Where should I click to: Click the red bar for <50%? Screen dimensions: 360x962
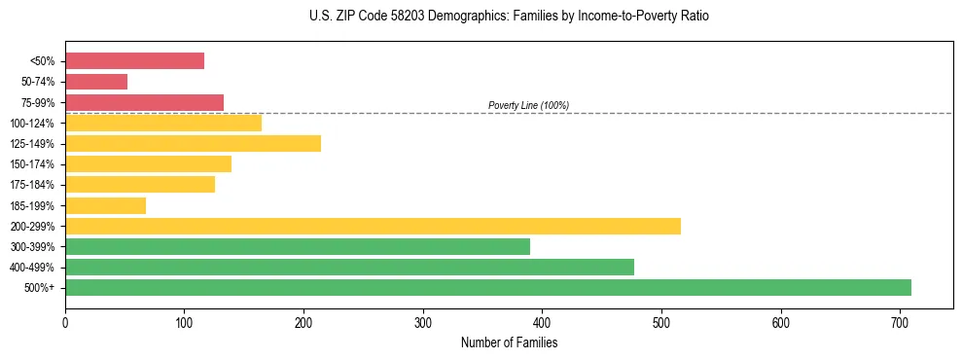(x=134, y=61)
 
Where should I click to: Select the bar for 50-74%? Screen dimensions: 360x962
(x=96, y=82)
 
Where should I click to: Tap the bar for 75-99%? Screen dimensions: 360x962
(x=144, y=102)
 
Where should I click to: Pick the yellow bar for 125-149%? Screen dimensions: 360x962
(x=193, y=144)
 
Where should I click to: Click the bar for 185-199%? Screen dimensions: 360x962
(x=105, y=205)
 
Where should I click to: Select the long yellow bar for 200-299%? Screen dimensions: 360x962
(x=373, y=226)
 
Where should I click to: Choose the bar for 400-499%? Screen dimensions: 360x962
(x=349, y=267)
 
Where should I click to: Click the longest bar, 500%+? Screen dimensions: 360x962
(x=488, y=287)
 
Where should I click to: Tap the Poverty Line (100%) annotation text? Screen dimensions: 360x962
(x=528, y=105)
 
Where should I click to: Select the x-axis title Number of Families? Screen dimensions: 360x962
(x=509, y=342)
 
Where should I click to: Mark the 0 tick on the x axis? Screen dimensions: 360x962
(x=65, y=320)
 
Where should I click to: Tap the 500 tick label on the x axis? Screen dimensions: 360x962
(x=661, y=320)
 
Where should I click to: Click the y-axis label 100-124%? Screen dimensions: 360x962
(x=32, y=124)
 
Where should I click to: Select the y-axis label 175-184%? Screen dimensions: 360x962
(x=32, y=185)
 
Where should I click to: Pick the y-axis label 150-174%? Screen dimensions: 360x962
(x=32, y=164)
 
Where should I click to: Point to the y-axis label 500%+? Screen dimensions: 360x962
(x=39, y=288)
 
